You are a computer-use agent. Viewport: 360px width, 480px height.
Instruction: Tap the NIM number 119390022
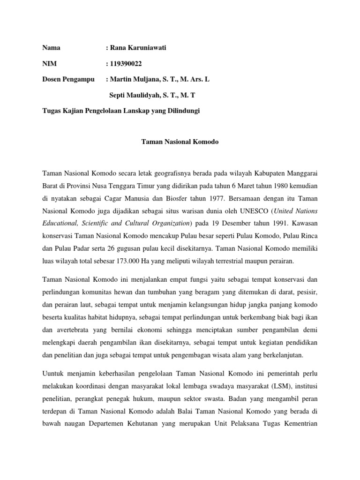click(126, 64)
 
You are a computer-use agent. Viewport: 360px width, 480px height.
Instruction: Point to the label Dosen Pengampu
click(68, 80)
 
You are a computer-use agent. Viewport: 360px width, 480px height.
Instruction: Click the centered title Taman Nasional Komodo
click(180, 141)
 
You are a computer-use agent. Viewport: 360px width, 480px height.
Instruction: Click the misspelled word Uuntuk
click(54, 374)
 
